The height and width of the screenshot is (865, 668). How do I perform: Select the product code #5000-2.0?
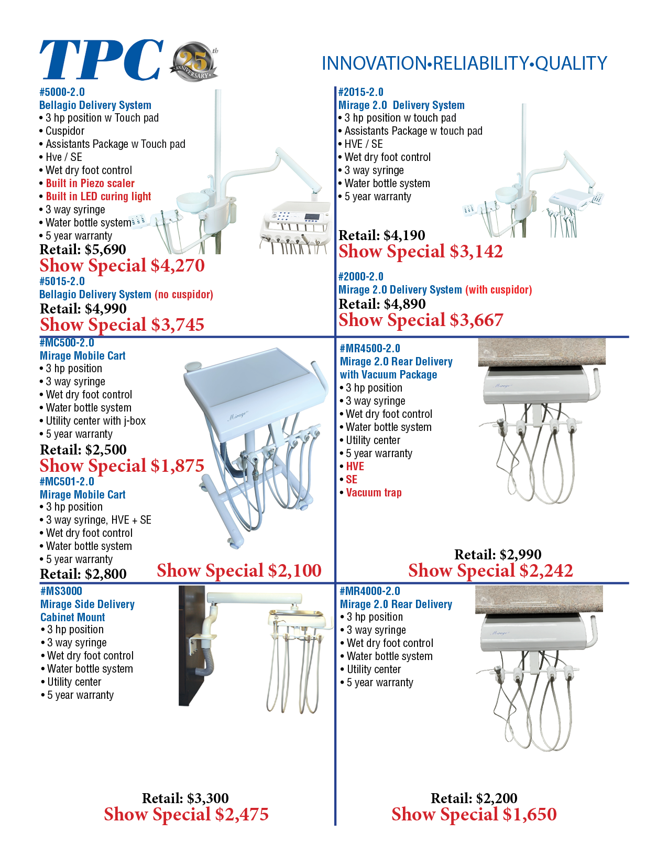pyautogui.click(x=62, y=92)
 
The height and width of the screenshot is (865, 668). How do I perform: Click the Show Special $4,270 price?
pyautogui.click(x=122, y=266)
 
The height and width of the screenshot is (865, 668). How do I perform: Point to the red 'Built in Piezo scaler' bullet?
pyautogui.click(x=90, y=183)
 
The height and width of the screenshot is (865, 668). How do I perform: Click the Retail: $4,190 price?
pyautogui.click(x=381, y=235)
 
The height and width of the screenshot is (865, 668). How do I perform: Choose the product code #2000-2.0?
pyautogui.click(x=360, y=277)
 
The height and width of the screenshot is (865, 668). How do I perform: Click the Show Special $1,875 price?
pyautogui.click(x=122, y=466)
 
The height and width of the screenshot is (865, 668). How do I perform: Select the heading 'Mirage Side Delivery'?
pyautogui.click(x=87, y=604)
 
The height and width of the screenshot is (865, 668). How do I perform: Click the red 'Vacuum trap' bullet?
pyautogui.click(x=374, y=493)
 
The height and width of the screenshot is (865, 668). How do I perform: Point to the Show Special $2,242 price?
pyautogui.click(x=490, y=571)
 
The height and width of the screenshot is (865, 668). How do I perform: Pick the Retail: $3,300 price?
pyautogui.click(x=185, y=798)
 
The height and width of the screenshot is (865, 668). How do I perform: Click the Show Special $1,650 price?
pyautogui.click(x=474, y=815)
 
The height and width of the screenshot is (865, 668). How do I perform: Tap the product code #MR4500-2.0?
pyautogui.click(x=370, y=349)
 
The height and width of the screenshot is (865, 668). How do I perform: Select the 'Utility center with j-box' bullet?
pyautogui.click(x=95, y=421)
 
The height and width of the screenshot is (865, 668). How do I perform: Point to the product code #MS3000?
pyautogui.click(x=61, y=591)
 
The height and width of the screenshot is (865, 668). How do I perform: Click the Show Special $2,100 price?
pyautogui.click(x=239, y=571)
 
